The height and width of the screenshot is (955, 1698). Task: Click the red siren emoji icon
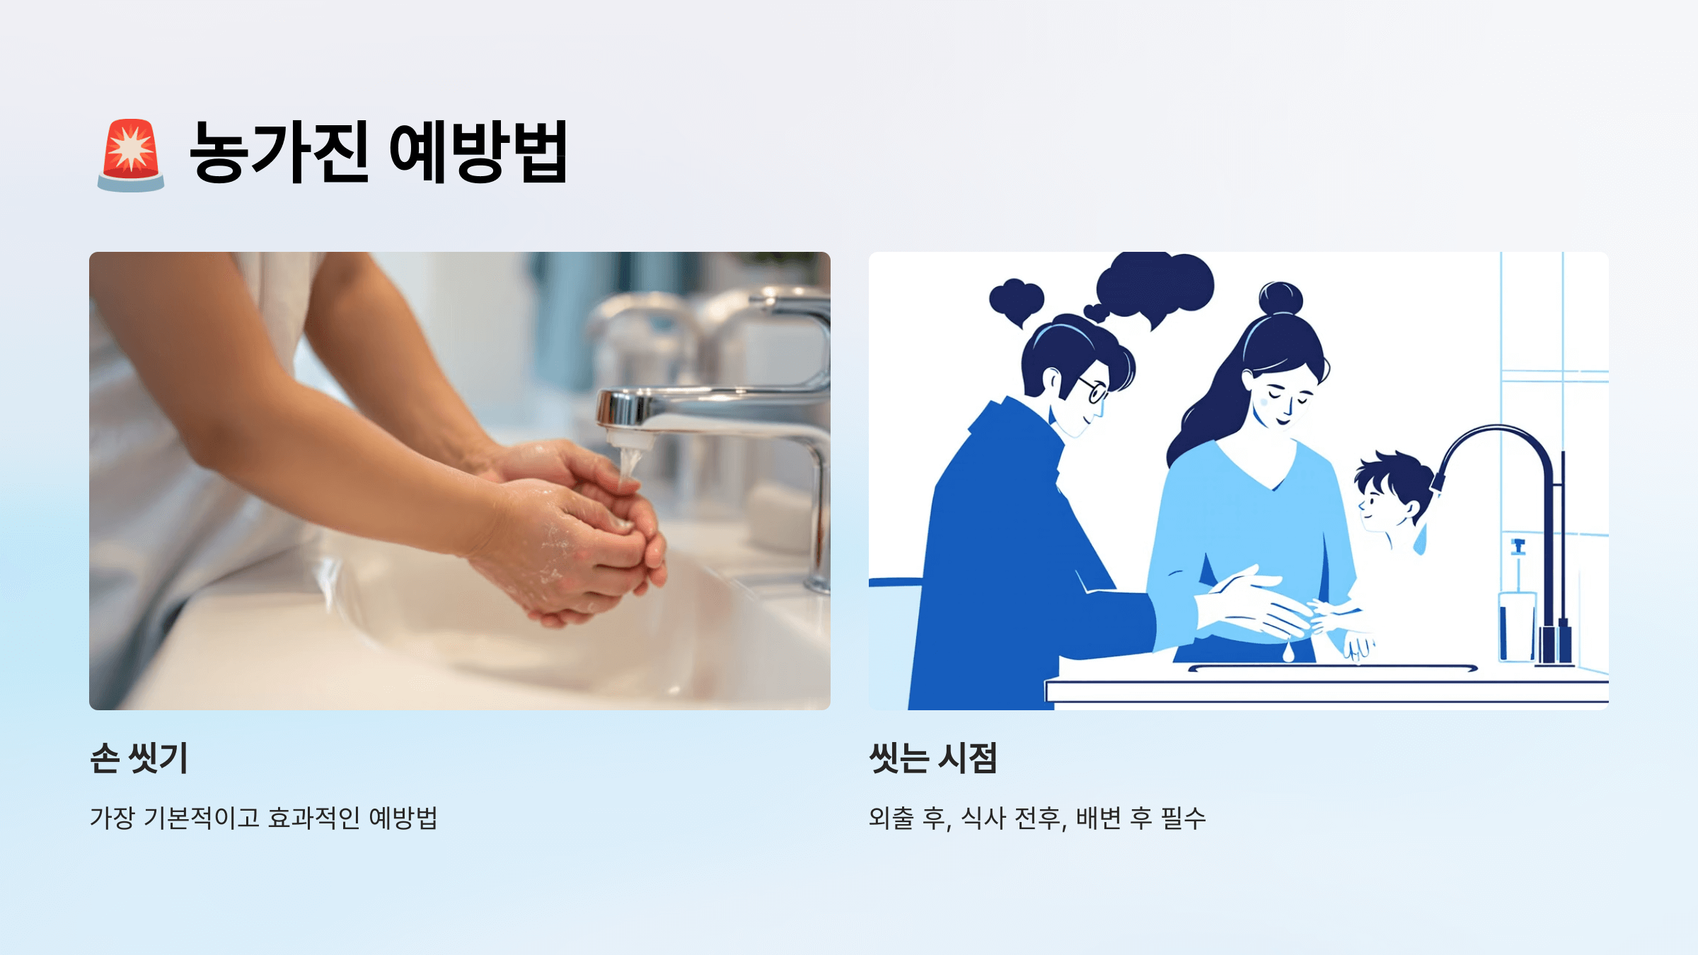coord(131,154)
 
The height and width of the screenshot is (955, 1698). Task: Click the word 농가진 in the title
coord(279,151)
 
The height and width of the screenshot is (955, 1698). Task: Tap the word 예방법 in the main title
coord(478,151)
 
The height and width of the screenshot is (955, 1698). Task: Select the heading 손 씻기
coord(139,758)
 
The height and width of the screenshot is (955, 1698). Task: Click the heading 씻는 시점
coord(933,758)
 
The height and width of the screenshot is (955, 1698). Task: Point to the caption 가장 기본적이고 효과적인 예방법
coord(264,818)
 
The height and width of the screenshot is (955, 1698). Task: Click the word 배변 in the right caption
coord(1098,818)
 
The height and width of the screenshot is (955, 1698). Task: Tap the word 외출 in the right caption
coord(891,818)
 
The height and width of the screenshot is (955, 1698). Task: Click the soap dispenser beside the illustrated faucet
coord(1517,615)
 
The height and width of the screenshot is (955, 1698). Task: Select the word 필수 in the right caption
coord(1183,818)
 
